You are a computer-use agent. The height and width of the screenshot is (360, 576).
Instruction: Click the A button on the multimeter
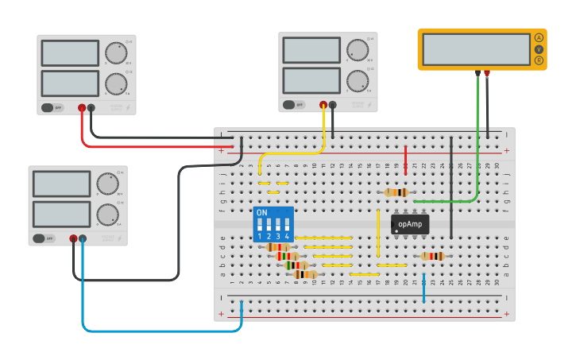click(539, 38)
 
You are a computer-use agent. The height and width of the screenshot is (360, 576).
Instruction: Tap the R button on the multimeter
click(539, 60)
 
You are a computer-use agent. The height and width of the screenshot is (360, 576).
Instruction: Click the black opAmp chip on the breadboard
click(410, 224)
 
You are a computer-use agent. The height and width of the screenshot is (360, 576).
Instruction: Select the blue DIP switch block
click(273, 225)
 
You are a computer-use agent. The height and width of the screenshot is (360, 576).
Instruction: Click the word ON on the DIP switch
click(261, 213)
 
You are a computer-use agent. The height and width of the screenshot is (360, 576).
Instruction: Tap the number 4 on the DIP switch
click(286, 236)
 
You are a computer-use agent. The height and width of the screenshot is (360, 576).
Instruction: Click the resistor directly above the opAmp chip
click(396, 192)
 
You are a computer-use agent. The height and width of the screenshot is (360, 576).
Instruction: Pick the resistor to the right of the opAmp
click(432, 256)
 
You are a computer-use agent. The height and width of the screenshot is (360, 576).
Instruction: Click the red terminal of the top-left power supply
click(81, 107)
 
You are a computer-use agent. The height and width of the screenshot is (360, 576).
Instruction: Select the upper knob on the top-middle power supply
click(357, 50)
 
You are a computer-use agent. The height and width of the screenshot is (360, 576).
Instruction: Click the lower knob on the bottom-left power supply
click(106, 215)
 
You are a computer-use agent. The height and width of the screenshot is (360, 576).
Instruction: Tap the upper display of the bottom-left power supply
click(62, 184)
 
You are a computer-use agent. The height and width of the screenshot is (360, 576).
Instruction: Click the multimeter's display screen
click(476, 49)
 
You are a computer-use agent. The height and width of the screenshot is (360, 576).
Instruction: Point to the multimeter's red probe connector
click(487, 73)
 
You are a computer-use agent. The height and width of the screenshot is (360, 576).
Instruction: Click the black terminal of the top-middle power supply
click(332, 104)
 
